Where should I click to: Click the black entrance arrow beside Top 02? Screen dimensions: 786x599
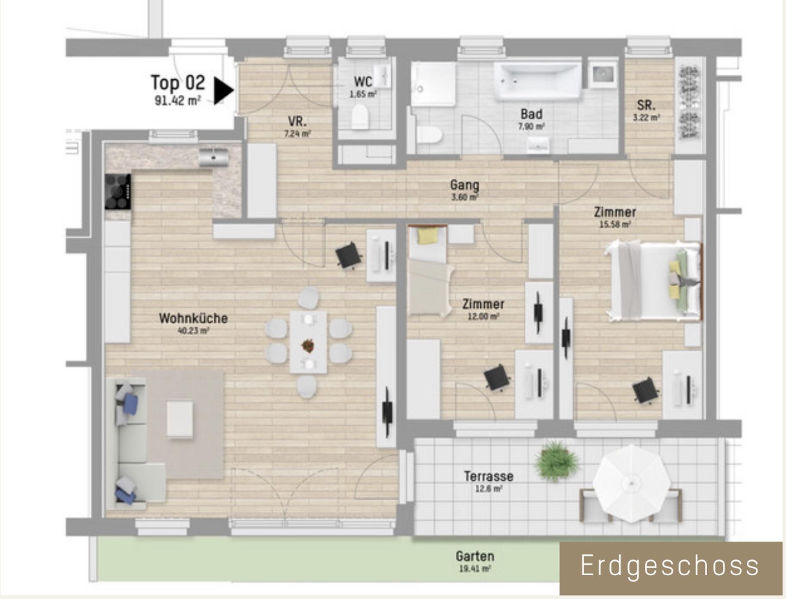[x=223, y=90]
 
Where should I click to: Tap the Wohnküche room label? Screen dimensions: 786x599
[x=193, y=318]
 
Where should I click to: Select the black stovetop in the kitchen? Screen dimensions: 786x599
[x=118, y=191]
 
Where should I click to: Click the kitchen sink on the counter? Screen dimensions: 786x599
[x=214, y=157]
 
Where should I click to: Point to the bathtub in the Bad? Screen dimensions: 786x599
[x=537, y=81]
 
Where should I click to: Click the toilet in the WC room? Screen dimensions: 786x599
[x=359, y=117]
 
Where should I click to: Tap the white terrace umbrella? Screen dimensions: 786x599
[x=631, y=484]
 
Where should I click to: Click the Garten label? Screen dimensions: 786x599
[x=475, y=556]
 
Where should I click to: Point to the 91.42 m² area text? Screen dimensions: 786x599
[x=178, y=101]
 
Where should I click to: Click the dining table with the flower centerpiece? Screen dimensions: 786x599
[x=308, y=342]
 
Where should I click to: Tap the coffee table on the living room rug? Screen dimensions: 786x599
[x=180, y=419]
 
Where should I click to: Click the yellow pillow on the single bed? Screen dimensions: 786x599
[x=428, y=236]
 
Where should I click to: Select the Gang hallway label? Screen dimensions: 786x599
[x=464, y=185]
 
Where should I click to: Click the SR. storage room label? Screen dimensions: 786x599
[x=646, y=105]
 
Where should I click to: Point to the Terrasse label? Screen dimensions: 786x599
[x=489, y=476]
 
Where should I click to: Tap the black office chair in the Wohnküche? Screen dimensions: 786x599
[x=348, y=256]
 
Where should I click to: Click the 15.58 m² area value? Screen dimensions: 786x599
[x=615, y=224]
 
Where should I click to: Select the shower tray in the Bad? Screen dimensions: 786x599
[x=433, y=84]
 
